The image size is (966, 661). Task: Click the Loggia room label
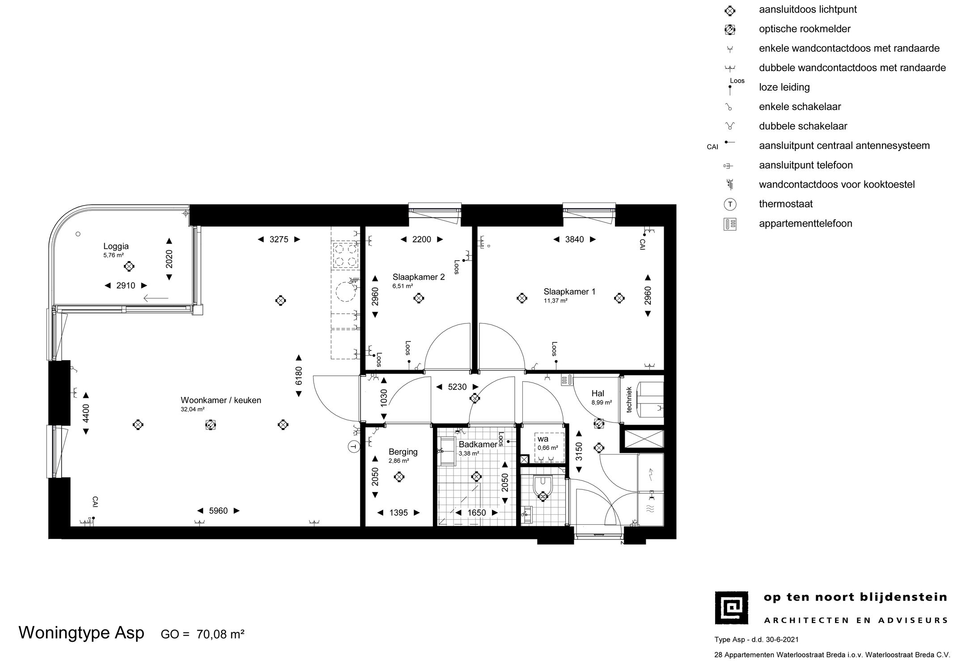(x=116, y=246)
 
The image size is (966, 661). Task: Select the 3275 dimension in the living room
(x=279, y=239)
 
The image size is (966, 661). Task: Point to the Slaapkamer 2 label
(x=419, y=277)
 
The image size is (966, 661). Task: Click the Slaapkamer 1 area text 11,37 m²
(x=555, y=301)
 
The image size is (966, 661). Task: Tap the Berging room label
(x=403, y=452)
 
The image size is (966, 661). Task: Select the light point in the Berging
(x=398, y=477)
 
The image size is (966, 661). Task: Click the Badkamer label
(x=478, y=445)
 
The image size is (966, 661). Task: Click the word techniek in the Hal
(x=629, y=400)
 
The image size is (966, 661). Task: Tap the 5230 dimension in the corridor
(x=457, y=387)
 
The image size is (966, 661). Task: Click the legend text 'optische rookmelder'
(x=805, y=29)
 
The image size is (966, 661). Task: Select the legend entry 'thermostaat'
(x=786, y=204)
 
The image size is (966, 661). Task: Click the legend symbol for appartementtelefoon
(x=730, y=224)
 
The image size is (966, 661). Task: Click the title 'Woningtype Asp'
(x=81, y=633)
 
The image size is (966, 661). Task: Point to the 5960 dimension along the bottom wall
(x=219, y=511)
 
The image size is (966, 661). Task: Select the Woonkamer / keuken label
(x=221, y=400)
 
